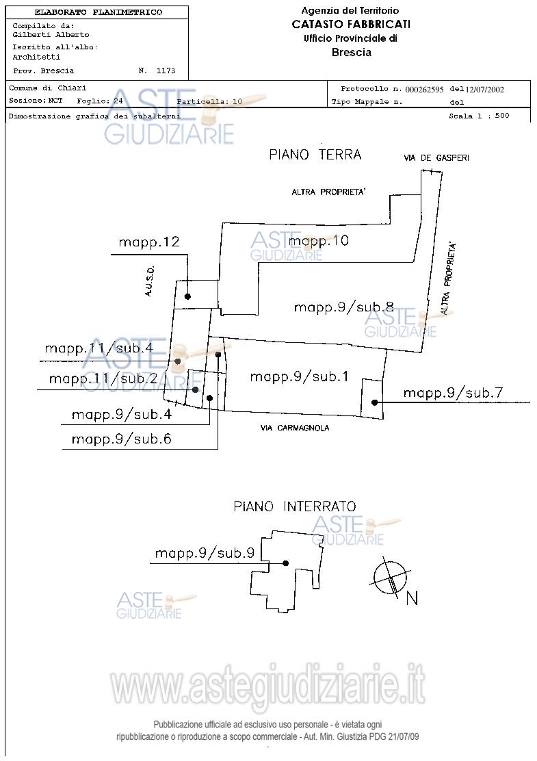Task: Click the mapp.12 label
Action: pos(148,242)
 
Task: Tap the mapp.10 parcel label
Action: pos(319,241)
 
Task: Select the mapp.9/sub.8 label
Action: pos(343,307)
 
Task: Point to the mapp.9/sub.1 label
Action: pos(299,376)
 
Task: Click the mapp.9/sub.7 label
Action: pos(453,393)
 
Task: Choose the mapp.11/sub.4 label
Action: pos(99,348)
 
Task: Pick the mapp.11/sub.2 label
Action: pos(103,378)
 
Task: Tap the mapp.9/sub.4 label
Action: pos(121,415)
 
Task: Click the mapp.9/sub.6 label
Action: pos(121,439)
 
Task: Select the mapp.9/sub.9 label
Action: pos(205,553)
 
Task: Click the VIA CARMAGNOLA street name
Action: pos(295,428)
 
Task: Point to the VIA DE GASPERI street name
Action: pos(436,158)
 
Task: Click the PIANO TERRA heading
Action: pos(315,155)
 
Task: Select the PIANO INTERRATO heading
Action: pos(295,507)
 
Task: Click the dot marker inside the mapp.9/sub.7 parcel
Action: pos(374,402)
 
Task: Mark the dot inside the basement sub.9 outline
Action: pos(286,563)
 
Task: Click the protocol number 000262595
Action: pos(424,90)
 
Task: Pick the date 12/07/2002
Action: pos(485,90)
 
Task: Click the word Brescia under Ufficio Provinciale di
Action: pos(351,53)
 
